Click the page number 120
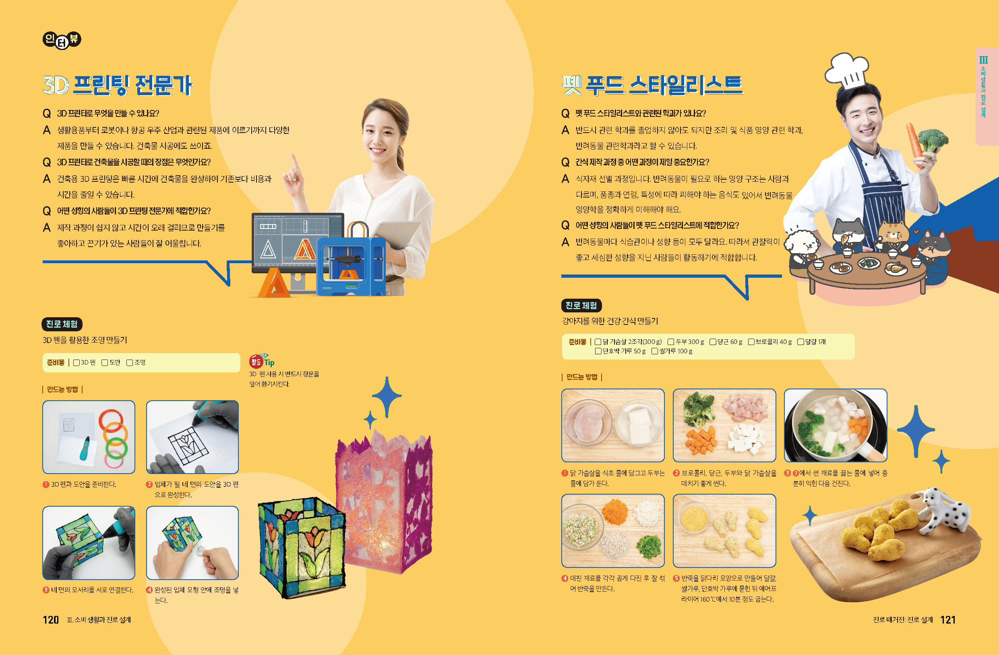50,620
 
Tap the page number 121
948,620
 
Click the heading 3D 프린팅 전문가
118,85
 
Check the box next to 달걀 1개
800,341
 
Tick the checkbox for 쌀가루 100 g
654,351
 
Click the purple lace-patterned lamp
384,504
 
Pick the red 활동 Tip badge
256,361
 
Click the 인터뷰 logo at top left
62,40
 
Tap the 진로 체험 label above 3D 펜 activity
62,324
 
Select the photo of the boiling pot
835,425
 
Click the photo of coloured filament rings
89,437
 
